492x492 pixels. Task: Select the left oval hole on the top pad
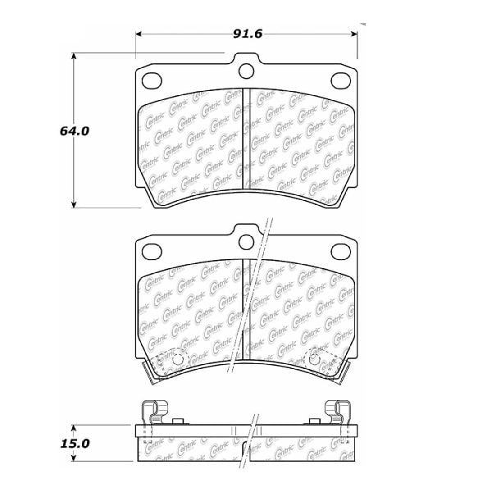click(x=152, y=80)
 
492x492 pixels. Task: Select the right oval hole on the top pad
click(x=341, y=80)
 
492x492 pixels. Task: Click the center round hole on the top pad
click(x=246, y=71)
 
